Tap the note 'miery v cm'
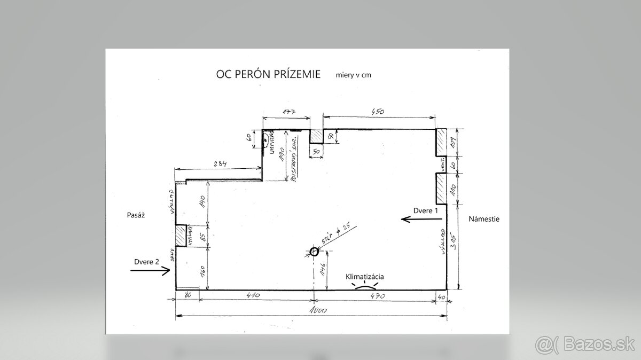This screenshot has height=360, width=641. point(354,75)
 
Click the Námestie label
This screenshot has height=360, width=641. point(484,219)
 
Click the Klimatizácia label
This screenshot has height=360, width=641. point(365,277)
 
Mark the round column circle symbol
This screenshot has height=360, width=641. point(314,252)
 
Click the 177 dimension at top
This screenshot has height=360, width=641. point(288,112)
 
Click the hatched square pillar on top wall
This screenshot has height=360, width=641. point(316,137)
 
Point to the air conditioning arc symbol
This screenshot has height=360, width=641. point(365,287)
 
